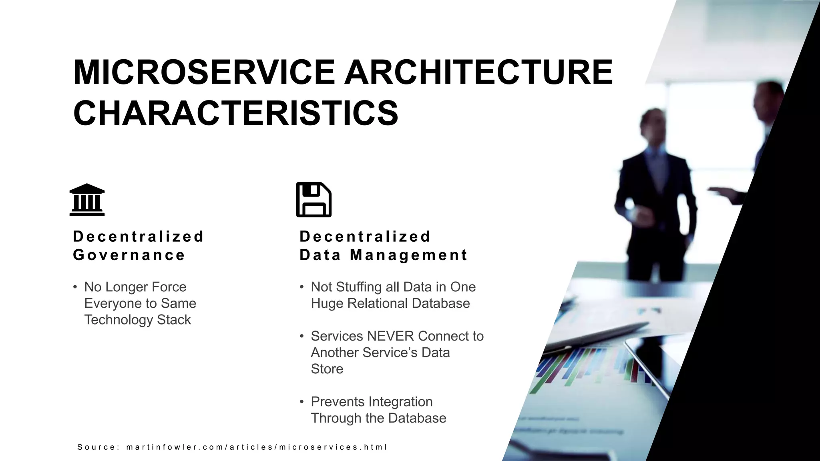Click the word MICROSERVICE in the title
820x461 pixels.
click(x=204, y=72)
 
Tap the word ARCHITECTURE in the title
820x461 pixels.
click(x=478, y=72)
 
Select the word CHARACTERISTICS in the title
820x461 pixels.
click(x=235, y=113)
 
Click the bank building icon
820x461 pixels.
click(x=87, y=200)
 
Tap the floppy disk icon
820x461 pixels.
click(x=314, y=200)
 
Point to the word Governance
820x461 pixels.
click(x=129, y=255)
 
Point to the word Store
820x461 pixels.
click(x=327, y=369)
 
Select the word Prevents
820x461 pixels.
click(x=337, y=402)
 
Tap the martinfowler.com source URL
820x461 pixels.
click(x=256, y=447)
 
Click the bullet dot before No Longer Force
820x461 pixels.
click(x=75, y=287)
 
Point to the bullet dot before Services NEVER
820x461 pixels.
click(x=302, y=336)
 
